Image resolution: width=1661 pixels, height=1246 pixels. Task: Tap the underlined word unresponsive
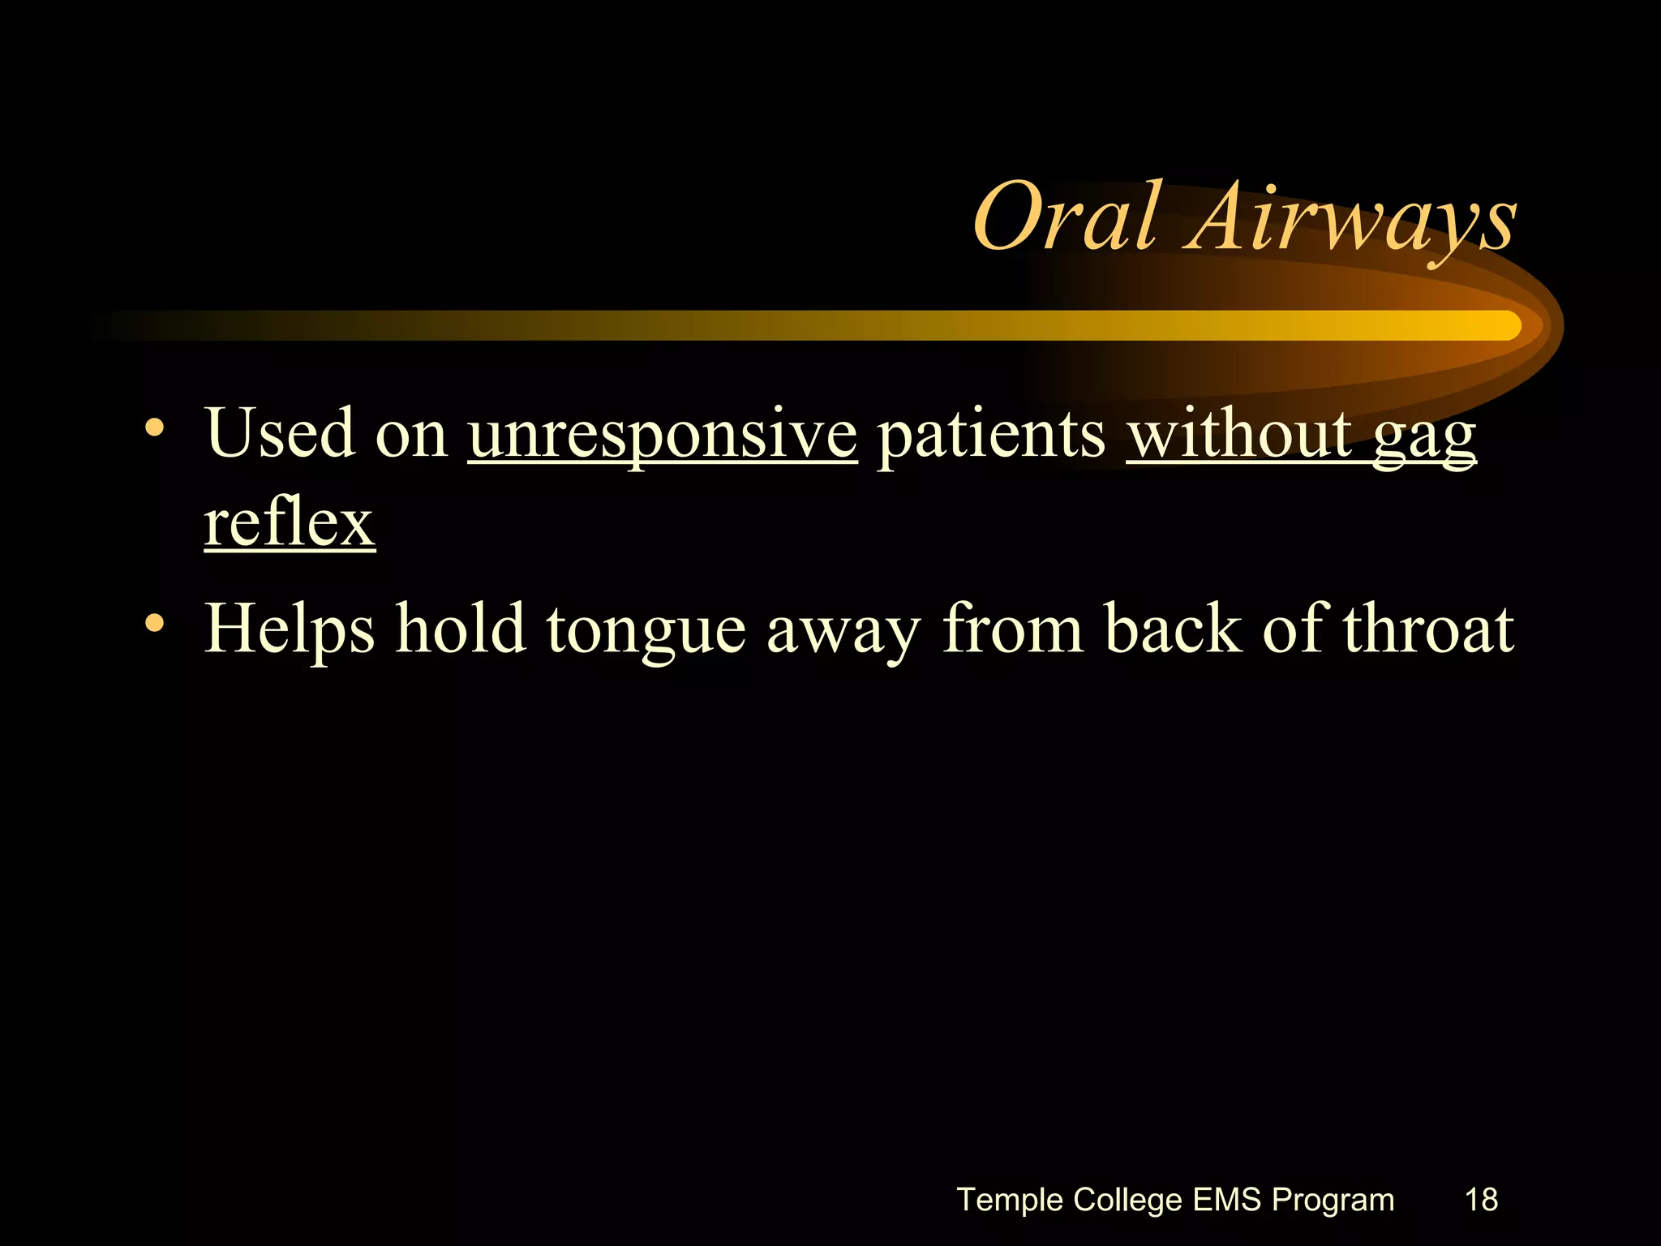pos(662,434)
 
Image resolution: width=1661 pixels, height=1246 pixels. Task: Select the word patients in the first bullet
pos(991,434)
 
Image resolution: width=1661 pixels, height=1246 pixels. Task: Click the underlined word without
pos(1239,434)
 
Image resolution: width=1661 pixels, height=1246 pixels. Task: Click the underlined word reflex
pos(290,523)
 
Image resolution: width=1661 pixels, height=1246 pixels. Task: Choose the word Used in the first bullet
pos(281,434)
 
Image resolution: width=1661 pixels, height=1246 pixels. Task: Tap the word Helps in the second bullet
pos(290,629)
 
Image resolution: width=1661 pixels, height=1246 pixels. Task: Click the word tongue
pos(646,631)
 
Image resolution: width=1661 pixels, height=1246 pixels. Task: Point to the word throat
pos(1428,629)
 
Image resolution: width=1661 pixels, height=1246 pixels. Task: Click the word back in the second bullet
pos(1173,629)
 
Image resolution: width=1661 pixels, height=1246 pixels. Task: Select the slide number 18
pos(1481,1199)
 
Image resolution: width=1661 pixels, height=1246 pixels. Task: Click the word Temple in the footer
pos(1010,1199)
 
